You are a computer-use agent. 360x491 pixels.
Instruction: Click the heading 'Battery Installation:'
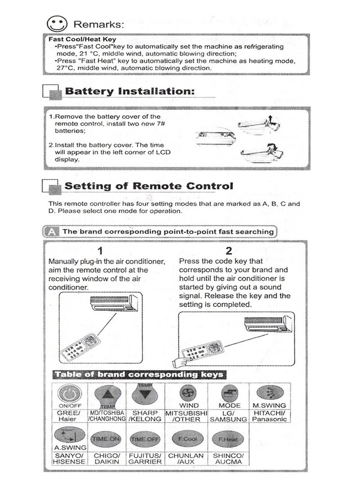click(x=130, y=91)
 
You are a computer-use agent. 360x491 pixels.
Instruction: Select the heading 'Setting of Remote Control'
click(x=149, y=186)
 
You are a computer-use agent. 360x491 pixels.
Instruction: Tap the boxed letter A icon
click(x=52, y=232)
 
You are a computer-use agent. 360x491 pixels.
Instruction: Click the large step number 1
click(x=100, y=251)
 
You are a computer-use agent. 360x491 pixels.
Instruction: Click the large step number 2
click(x=229, y=251)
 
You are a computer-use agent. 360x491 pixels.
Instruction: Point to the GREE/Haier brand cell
click(x=69, y=415)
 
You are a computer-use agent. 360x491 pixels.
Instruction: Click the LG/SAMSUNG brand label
click(x=229, y=416)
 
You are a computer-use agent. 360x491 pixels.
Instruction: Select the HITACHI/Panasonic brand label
click(x=269, y=416)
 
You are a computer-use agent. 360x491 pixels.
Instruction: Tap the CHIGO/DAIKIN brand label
click(x=106, y=459)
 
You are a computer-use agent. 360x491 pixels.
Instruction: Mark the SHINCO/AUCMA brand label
click(x=228, y=459)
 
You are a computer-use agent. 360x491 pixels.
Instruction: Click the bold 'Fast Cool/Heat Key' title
click(x=82, y=40)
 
